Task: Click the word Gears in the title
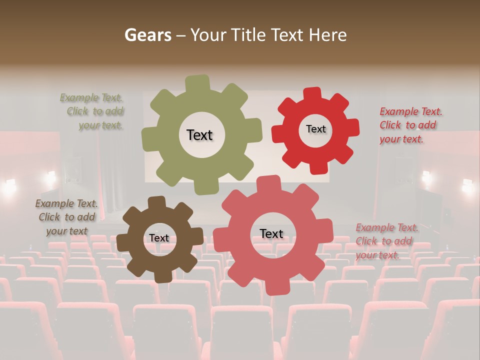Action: click(x=148, y=35)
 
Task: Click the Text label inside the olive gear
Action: click(x=199, y=135)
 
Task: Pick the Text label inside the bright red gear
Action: click(x=315, y=129)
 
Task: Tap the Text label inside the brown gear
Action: click(x=159, y=238)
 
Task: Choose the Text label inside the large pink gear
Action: click(x=271, y=233)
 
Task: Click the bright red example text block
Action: click(x=410, y=125)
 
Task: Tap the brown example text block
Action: click(x=66, y=217)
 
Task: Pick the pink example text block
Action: click(x=386, y=241)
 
